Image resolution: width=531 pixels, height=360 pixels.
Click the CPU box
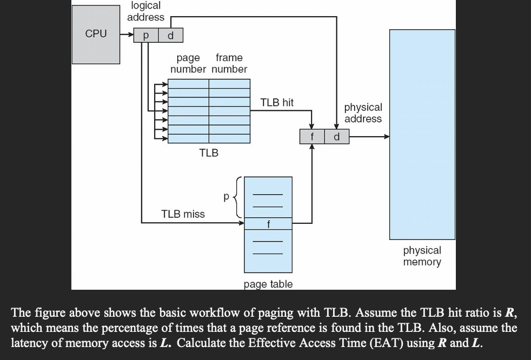[96, 34]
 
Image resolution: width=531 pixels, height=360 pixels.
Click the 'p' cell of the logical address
[145, 36]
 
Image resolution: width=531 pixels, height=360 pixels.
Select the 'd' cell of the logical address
[171, 36]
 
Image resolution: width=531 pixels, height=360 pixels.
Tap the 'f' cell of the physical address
[312, 137]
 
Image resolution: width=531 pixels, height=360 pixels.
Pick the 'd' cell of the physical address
[336, 137]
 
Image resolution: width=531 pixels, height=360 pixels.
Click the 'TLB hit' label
[277, 102]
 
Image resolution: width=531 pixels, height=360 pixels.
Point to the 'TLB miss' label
[183, 214]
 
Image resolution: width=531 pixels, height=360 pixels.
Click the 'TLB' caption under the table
[209, 153]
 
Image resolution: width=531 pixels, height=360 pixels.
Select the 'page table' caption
[268, 284]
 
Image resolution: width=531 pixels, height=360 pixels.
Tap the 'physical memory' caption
[422, 256]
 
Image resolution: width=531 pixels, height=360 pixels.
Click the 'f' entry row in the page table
[268, 223]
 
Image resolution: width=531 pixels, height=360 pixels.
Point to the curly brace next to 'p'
[238, 197]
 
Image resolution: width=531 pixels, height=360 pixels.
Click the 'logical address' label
[145, 11]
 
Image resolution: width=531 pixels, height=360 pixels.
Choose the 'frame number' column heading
[229, 63]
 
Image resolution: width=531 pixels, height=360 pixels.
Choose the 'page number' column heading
[188, 63]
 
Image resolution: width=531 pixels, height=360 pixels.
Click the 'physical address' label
[363, 113]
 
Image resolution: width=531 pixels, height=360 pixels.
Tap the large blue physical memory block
[422, 135]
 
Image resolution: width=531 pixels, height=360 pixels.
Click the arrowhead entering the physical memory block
[386, 137]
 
